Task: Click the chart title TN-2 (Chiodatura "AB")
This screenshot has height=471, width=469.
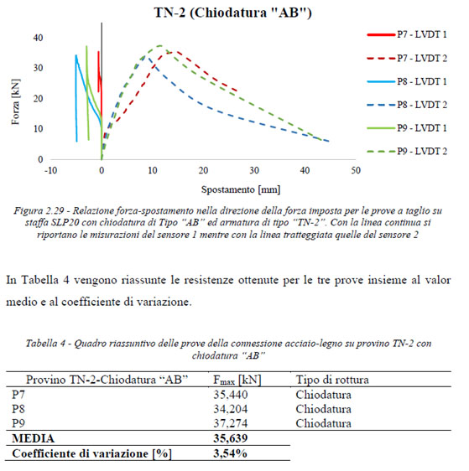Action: [233, 13]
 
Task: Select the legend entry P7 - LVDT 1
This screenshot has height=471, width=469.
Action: [407, 34]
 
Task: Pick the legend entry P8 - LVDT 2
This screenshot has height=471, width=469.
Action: [407, 105]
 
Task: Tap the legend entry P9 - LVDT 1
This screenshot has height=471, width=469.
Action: [407, 128]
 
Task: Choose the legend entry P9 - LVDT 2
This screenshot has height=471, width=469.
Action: [407, 152]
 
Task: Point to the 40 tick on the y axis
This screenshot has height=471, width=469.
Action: [39, 38]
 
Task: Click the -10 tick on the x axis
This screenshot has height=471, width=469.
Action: [50, 171]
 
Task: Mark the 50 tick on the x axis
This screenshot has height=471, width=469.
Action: [356, 171]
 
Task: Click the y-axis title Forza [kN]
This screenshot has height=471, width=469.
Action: [15, 102]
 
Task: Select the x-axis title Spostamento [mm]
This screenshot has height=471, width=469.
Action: [241, 190]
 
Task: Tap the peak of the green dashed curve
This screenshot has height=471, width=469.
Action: [160, 45]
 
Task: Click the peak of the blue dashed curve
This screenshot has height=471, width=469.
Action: [145, 55]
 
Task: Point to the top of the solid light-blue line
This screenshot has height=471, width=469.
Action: [76, 55]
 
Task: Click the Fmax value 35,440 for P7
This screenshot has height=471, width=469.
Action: [231, 395]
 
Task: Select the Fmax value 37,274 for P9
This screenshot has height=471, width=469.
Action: [231, 423]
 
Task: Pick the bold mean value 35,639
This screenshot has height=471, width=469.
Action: [231, 438]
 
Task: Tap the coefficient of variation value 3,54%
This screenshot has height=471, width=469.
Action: [230, 453]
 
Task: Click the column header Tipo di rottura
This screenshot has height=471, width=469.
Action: [332, 380]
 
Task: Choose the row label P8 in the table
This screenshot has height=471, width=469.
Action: [18, 409]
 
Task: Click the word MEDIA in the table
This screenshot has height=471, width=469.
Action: [34, 438]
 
